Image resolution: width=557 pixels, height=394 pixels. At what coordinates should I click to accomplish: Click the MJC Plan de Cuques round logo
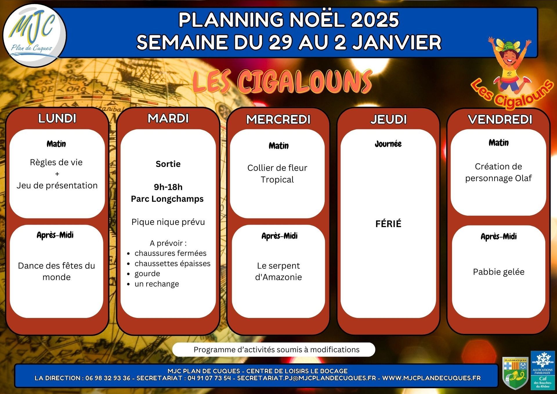[35, 35]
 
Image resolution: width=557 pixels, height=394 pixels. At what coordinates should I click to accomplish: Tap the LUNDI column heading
[57, 118]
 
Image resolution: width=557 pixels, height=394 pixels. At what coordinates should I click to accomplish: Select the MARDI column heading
[168, 118]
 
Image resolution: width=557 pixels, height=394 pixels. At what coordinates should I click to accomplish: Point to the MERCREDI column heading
[278, 119]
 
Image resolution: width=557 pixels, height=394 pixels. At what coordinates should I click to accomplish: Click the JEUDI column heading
[388, 119]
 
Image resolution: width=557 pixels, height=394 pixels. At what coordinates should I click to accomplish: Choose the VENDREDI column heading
[500, 119]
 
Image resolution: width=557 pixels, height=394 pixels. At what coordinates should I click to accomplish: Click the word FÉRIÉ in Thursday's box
[388, 224]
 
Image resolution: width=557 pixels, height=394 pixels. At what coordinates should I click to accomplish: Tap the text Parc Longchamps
[167, 199]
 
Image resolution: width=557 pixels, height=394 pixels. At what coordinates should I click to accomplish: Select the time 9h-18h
[168, 187]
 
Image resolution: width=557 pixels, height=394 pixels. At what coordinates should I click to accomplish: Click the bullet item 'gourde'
[147, 274]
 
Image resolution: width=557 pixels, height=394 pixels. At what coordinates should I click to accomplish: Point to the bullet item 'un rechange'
[157, 284]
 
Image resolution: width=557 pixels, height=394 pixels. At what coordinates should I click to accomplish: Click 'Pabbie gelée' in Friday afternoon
[499, 272]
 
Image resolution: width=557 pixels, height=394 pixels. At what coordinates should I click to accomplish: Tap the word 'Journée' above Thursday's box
[388, 144]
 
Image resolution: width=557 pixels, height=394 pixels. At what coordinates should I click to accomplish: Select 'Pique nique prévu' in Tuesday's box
[168, 222]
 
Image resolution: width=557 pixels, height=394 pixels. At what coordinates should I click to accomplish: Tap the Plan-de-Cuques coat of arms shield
[515, 373]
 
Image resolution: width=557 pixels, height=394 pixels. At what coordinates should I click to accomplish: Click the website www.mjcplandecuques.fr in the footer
[431, 378]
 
